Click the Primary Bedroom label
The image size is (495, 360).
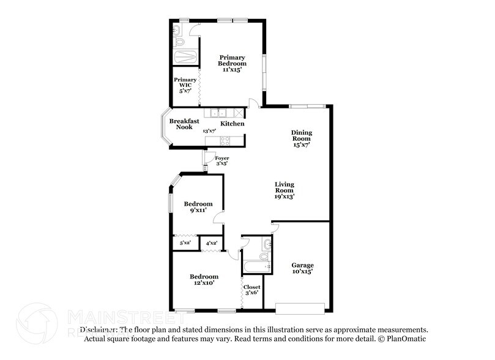tap(233, 63)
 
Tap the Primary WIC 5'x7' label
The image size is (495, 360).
tap(185, 84)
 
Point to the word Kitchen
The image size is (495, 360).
tap(233, 124)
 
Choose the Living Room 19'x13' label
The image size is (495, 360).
tap(285, 190)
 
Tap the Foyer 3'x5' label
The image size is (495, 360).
tap(221, 160)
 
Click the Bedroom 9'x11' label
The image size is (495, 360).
tap(198, 207)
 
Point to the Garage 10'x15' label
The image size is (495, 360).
tap(302, 268)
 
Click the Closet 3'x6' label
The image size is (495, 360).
tap(251, 290)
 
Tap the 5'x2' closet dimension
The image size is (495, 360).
tap(185, 243)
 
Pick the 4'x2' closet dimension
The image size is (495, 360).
tap(212, 243)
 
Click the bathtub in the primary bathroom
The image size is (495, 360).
tap(185, 58)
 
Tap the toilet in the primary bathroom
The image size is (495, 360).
tap(179, 40)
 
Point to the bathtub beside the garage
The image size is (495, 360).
tap(256, 266)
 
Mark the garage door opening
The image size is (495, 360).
tap(300, 308)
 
